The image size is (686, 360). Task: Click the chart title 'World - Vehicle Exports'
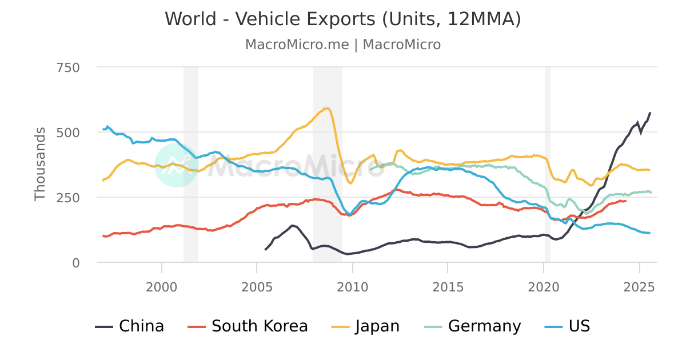point(343,19)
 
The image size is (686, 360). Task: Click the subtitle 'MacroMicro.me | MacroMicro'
point(343,45)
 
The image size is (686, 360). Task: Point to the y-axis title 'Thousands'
point(39,164)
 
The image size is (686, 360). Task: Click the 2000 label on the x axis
point(162,286)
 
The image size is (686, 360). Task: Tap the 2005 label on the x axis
point(257,286)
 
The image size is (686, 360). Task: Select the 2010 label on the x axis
point(353,286)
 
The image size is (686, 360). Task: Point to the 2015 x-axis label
point(448,286)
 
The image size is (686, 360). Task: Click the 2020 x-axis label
point(544,286)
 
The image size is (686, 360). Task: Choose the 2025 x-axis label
point(639,286)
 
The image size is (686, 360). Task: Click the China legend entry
point(130,326)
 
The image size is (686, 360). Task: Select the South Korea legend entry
point(248,326)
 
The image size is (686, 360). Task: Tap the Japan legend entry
point(366,326)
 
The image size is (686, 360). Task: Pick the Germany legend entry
point(473,326)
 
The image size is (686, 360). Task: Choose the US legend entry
point(568,326)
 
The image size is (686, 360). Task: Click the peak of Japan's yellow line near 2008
point(327,108)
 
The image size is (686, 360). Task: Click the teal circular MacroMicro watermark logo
point(177,165)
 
